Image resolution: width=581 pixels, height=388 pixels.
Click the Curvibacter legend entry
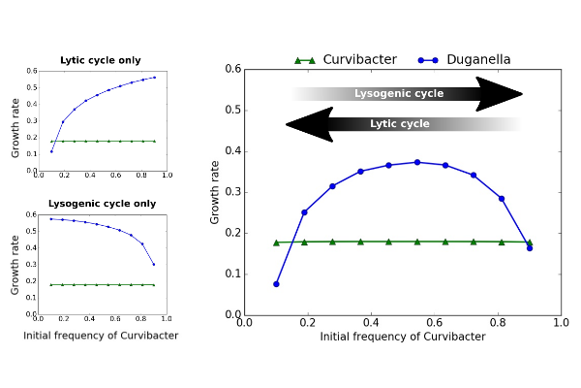[358, 60]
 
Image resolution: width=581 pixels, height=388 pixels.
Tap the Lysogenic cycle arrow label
[399, 94]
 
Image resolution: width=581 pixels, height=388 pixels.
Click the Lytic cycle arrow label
[400, 124]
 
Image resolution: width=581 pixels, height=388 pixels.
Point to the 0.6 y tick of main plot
[233, 69]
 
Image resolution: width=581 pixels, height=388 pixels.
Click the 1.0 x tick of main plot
[561, 323]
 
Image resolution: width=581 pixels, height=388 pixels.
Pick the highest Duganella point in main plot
[417, 162]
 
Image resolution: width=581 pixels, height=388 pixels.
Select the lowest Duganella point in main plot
[276, 284]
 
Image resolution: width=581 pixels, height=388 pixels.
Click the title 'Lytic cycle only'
[101, 60]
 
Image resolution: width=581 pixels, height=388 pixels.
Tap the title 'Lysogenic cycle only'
[102, 204]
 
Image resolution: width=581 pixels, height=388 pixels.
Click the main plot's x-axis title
[403, 337]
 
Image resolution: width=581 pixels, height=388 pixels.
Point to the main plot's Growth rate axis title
[215, 191]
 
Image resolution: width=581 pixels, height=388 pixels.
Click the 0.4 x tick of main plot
[371, 323]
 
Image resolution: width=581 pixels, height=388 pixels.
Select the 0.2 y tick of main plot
[233, 233]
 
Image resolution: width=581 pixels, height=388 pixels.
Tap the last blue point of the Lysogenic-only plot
[153, 264]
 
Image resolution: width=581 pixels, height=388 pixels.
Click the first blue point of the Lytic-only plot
[51, 151]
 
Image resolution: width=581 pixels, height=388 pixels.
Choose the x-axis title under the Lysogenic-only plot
[101, 336]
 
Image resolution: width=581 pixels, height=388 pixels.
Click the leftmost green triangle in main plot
[276, 242]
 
